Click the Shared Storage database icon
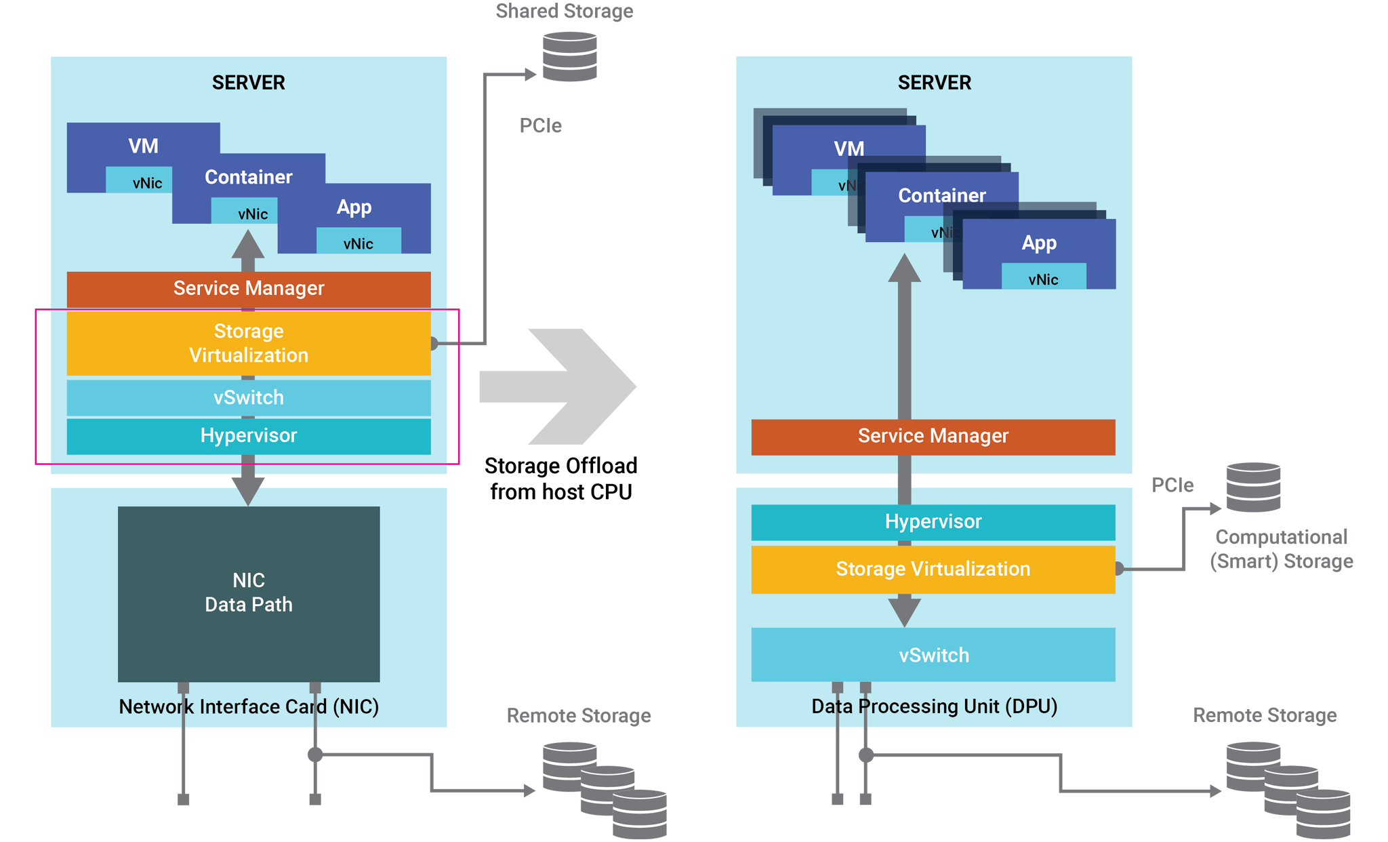[570, 57]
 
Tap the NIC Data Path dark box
[249, 593]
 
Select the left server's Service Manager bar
[249, 289]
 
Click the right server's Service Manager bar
[933, 436]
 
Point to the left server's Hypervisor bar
[249, 436]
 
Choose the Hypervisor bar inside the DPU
[933, 522]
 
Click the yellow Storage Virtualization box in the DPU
[933, 569]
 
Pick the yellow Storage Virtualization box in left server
[249, 343]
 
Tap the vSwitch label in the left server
[249, 398]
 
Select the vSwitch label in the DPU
[934, 656]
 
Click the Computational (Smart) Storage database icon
[1253, 487]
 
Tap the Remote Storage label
[1265, 716]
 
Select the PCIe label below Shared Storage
[540, 126]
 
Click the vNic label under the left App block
[358, 244]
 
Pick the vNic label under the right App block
[1043, 280]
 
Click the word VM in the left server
[144, 146]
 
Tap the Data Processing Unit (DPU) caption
[935, 706]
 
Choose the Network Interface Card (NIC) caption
[249, 707]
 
